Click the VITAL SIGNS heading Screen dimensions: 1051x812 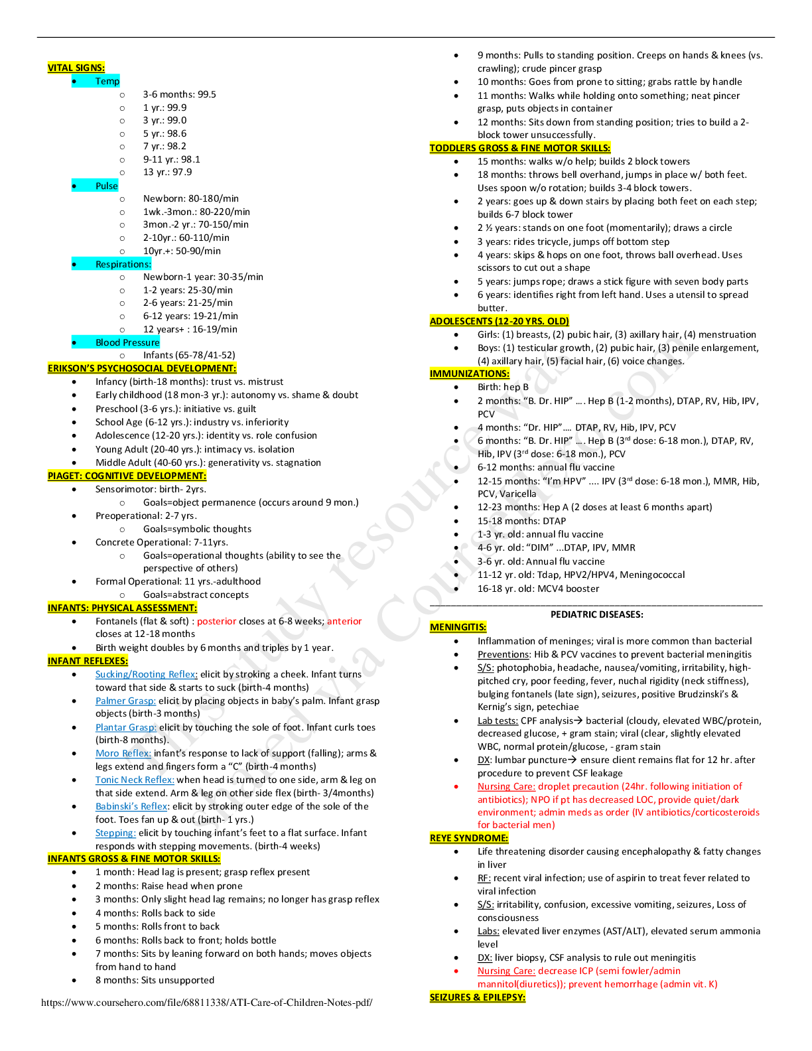[x=76, y=68]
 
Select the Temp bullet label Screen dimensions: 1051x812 [x=107, y=82]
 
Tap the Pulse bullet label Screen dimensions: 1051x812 [x=106, y=186]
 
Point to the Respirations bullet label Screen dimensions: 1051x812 [x=123, y=264]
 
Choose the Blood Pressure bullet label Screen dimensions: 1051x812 [x=127, y=342]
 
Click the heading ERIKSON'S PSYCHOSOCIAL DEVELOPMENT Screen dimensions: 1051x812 [x=141, y=368]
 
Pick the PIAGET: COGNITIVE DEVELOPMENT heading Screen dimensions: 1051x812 [x=127, y=476]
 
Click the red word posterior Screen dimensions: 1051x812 [x=217, y=622]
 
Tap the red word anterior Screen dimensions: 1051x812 [x=344, y=622]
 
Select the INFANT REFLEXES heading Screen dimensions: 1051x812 [x=88, y=661]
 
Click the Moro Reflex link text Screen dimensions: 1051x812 [x=123, y=754]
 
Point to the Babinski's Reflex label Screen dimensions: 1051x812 [x=131, y=807]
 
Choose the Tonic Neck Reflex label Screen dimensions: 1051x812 [x=135, y=780]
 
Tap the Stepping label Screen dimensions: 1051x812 [x=115, y=833]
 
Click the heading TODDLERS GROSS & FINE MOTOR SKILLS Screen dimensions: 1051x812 [x=519, y=148]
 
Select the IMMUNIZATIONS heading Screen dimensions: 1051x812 [x=469, y=374]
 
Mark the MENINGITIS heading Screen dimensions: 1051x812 [x=458, y=627]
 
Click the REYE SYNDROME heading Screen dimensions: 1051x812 [x=468, y=838]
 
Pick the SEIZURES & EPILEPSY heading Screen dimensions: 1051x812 [x=477, y=997]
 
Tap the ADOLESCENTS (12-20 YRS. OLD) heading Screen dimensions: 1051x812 [x=499, y=321]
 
